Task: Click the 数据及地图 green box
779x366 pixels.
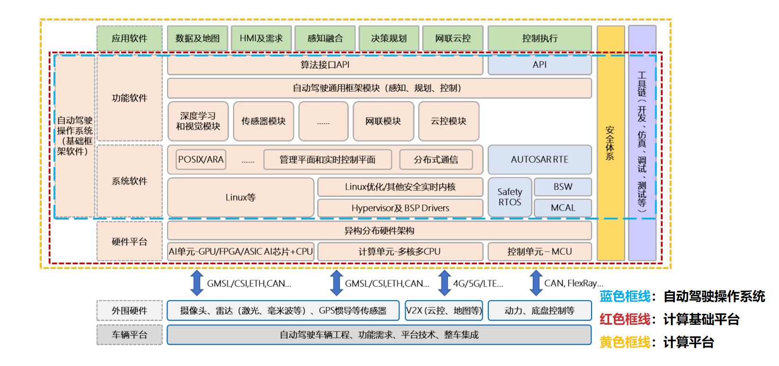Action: coord(197,38)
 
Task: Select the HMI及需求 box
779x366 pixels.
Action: coord(261,38)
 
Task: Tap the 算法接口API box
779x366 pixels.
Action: coord(325,65)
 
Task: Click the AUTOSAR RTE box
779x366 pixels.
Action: coord(540,159)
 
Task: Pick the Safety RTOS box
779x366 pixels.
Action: coord(510,197)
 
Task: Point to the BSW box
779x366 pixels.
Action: coord(563,187)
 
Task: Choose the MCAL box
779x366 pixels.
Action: coord(563,208)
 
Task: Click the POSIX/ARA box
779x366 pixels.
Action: coord(201,159)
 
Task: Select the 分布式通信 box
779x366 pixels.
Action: coord(436,159)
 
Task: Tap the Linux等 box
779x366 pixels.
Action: coord(240,197)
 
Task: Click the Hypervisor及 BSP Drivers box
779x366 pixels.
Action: coord(400,208)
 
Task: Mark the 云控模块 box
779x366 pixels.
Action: coord(449,121)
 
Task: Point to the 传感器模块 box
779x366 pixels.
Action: coord(264,121)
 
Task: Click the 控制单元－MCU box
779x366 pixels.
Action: coord(540,251)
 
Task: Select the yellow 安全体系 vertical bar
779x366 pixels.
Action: coord(611,143)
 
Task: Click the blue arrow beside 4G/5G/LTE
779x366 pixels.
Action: coord(444,283)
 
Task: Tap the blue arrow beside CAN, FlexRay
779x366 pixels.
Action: coord(536,283)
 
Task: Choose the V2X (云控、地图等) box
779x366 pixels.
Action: coord(444,310)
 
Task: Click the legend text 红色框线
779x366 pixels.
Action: coord(625,320)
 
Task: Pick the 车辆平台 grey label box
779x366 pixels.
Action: coord(130,335)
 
